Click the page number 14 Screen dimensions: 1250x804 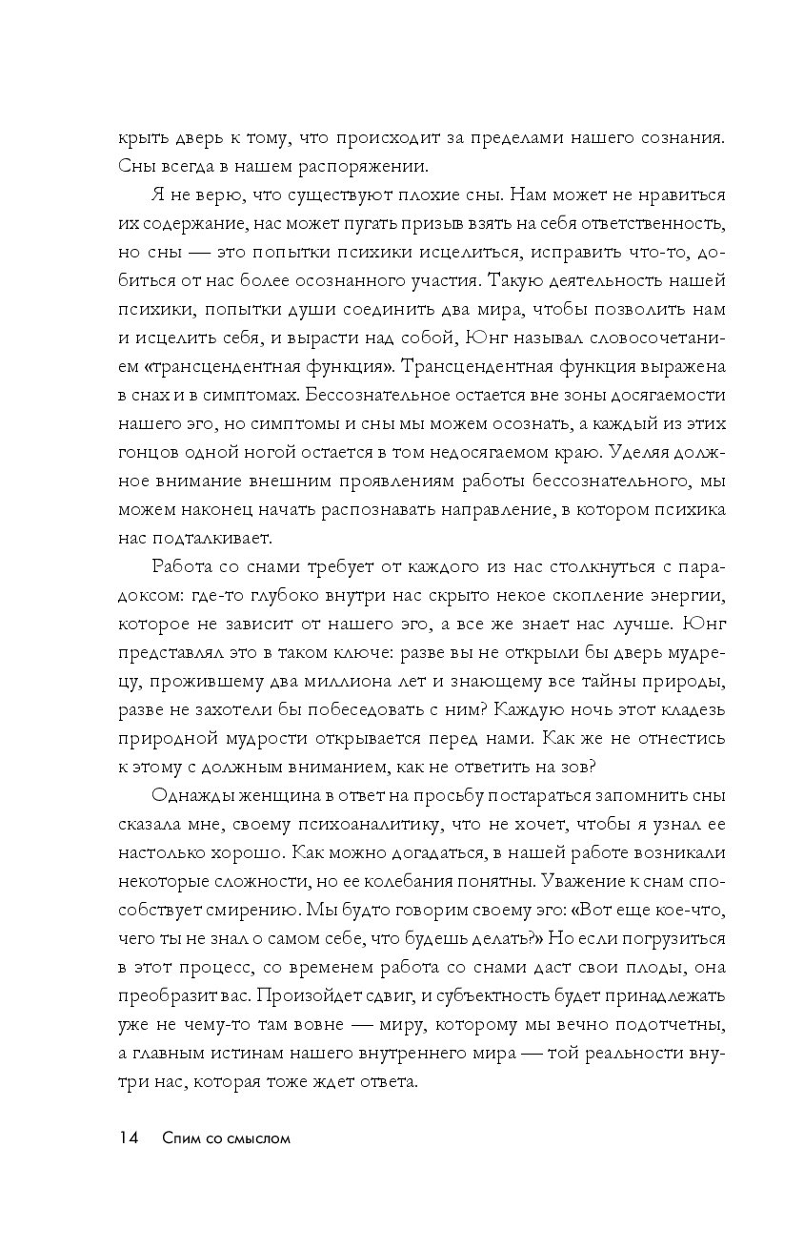(129, 1137)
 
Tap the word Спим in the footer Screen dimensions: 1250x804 (181, 1137)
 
